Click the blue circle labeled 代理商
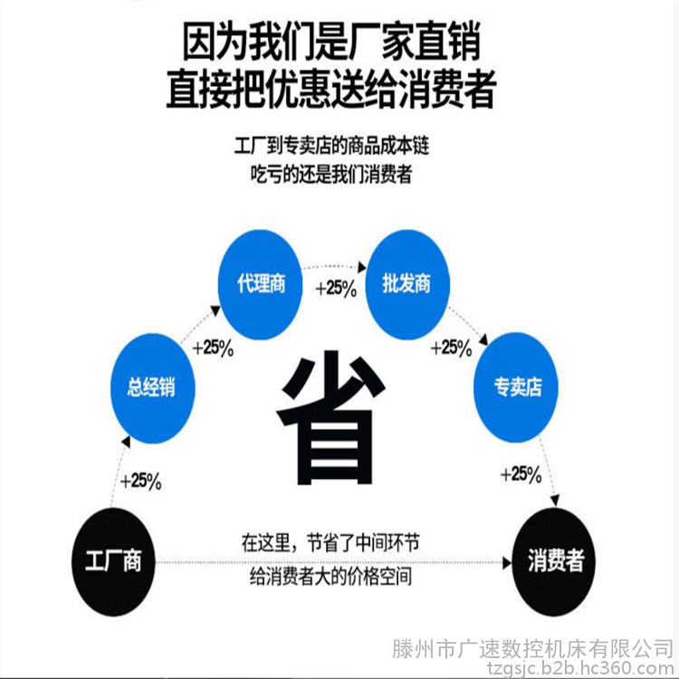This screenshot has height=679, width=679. click(260, 284)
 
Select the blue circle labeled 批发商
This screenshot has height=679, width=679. click(407, 284)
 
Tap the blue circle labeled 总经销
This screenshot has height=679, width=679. click(152, 388)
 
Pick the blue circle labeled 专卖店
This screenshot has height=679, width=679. click(516, 387)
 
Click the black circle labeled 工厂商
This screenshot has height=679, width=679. click(113, 561)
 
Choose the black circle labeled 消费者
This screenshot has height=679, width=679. click(554, 561)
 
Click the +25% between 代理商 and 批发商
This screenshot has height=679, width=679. click(336, 289)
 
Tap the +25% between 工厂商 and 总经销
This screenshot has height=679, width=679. click(140, 481)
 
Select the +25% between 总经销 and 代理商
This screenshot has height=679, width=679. click(213, 349)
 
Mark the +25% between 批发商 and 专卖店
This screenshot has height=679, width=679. click(451, 349)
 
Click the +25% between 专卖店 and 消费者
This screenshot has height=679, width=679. click(521, 474)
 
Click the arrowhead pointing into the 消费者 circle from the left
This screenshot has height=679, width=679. click(507, 563)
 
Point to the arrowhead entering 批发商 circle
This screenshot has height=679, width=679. click(362, 268)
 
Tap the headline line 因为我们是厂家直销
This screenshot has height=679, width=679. click(331, 42)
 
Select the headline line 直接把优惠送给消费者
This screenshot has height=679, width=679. click(331, 89)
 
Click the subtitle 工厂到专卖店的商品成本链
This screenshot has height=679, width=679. click(331, 146)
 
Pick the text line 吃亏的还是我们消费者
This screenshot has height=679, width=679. click(331, 174)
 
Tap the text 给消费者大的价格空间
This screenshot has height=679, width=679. click(330, 577)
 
